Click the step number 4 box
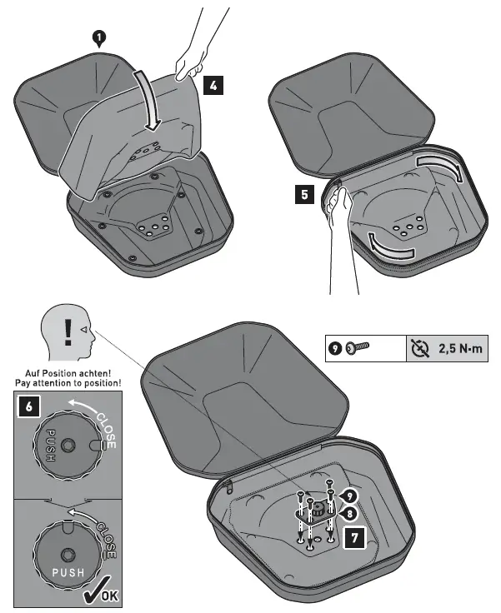[x=212, y=86]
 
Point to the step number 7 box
[x=355, y=539]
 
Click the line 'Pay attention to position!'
[x=68, y=382]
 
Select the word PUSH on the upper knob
[x=50, y=446]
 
